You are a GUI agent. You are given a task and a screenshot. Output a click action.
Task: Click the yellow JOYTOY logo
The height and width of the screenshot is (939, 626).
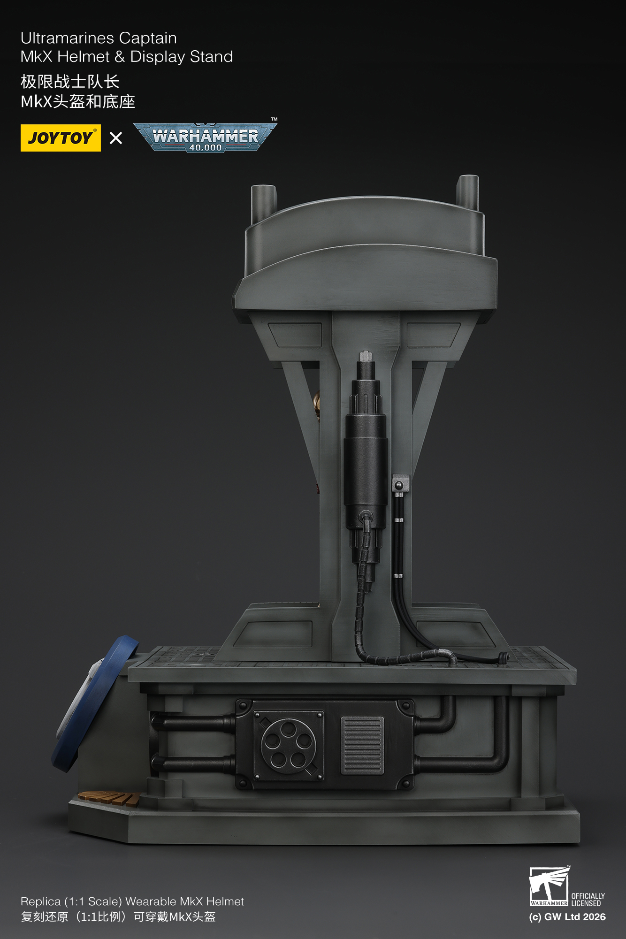click(x=61, y=138)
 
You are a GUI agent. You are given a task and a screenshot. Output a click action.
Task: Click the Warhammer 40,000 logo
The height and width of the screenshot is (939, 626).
click(x=205, y=137)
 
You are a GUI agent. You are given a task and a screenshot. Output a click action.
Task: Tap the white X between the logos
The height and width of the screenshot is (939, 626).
click(x=116, y=138)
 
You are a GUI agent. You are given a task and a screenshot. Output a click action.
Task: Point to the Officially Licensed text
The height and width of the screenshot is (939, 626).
click(x=588, y=900)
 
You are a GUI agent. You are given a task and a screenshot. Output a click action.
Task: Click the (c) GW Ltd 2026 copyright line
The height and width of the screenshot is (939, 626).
click(x=567, y=917)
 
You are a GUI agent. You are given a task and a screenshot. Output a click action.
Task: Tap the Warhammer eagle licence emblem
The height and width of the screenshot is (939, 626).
click(x=548, y=886)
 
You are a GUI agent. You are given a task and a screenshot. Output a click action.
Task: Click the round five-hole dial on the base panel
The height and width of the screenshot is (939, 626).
click(x=288, y=746)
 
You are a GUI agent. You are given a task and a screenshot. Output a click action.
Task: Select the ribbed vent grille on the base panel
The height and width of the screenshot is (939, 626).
click(x=362, y=745)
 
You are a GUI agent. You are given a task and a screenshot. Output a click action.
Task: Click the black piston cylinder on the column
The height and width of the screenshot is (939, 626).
click(x=366, y=465)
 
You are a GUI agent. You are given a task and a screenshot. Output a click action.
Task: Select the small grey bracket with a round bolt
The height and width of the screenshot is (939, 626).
click(x=400, y=483)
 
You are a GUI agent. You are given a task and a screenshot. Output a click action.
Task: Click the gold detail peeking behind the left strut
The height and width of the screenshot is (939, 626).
click(x=317, y=405)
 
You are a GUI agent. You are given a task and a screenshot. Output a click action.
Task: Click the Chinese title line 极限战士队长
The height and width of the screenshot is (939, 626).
click(x=70, y=82)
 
